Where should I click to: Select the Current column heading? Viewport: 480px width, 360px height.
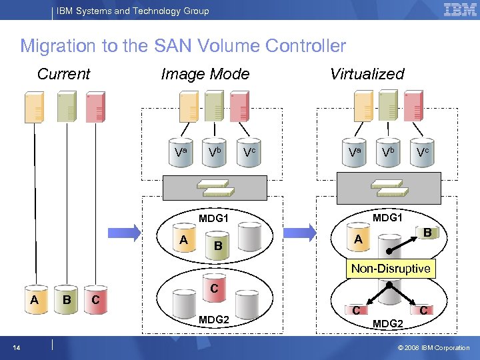point(63,73)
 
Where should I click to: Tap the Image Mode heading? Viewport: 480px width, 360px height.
point(205,74)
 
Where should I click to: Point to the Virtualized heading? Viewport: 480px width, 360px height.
point(367,74)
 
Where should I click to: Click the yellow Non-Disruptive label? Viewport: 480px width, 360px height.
point(391,269)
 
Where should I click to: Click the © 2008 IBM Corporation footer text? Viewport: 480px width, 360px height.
point(434,347)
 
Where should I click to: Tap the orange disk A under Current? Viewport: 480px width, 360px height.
point(35,301)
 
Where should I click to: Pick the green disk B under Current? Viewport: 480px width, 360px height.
point(66,301)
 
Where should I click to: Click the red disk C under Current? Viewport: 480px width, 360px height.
point(97,301)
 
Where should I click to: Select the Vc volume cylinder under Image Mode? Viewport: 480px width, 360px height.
point(249,153)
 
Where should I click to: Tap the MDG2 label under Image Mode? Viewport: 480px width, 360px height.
point(213,321)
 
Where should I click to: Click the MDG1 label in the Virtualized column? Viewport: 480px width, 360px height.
point(388,218)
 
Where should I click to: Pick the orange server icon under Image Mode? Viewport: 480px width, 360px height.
point(189,107)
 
